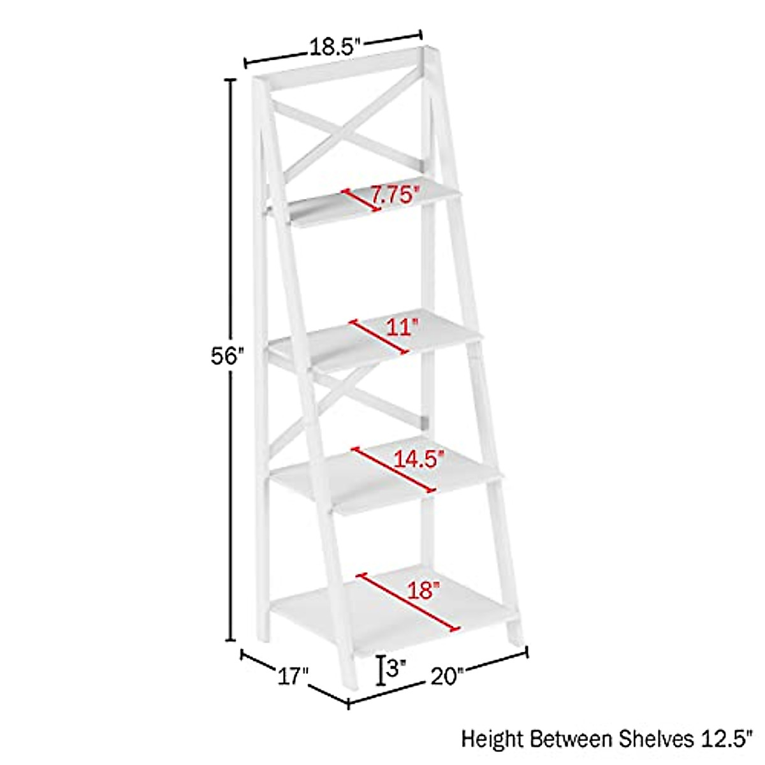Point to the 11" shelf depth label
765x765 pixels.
(402, 327)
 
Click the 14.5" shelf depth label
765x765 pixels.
(418, 458)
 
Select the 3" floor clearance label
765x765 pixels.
(397, 669)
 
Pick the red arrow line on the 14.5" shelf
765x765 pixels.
(393, 469)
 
